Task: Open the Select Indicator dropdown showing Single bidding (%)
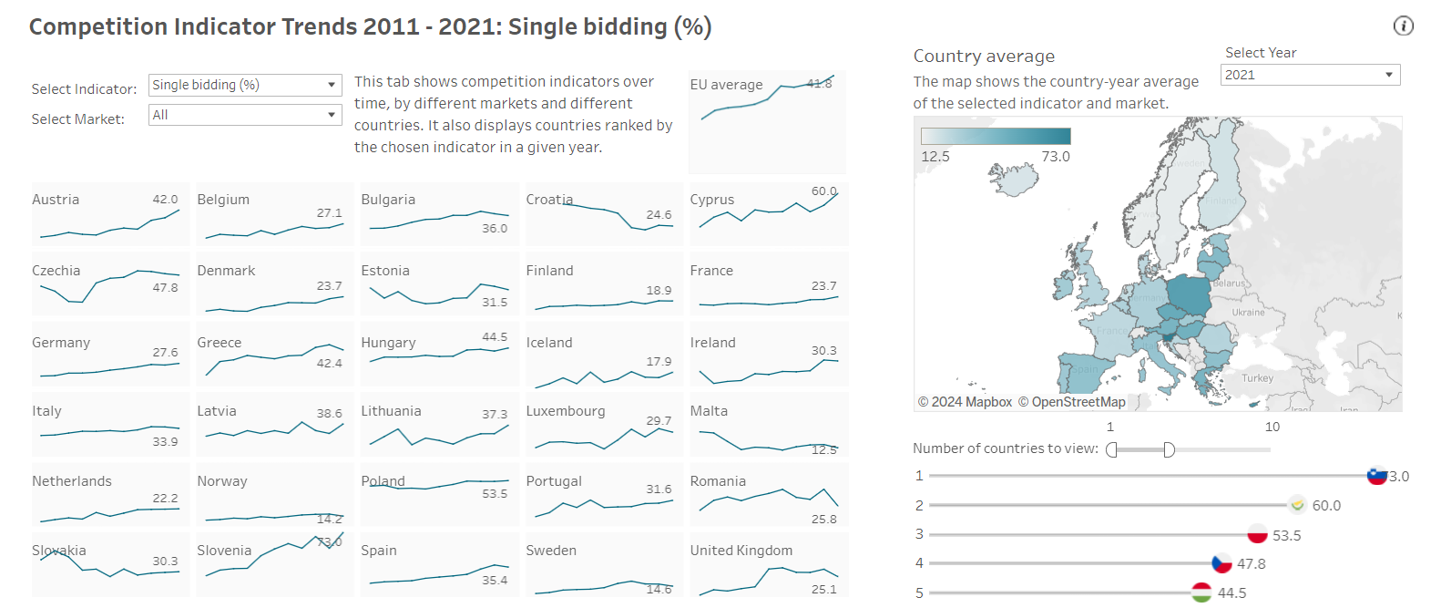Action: [244, 85]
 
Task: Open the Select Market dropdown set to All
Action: [244, 115]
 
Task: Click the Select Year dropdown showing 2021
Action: [1309, 75]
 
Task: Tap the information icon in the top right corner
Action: [1403, 26]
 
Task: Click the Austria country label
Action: [56, 200]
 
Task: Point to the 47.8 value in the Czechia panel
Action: [165, 287]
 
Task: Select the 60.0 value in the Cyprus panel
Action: [823, 191]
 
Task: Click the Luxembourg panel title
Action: [565, 411]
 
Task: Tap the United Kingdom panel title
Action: [741, 551]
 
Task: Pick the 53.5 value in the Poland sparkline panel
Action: [495, 494]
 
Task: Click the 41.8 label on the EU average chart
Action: [819, 84]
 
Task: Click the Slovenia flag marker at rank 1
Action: [1376, 476]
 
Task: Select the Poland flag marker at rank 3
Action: [1258, 535]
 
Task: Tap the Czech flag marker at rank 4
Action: [1221, 563]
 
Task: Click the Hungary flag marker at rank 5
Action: [1201, 593]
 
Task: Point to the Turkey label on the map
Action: [1257, 378]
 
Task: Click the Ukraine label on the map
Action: [1248, 313]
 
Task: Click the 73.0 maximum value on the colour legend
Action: [1055, 157]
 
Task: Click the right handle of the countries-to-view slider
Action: [1169, 449]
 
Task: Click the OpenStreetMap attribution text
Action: [1071, 402]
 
